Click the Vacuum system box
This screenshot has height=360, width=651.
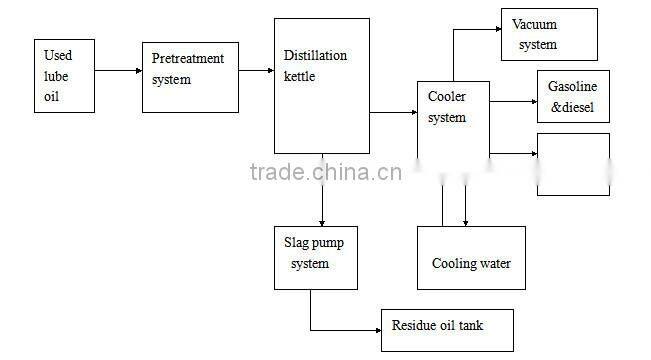(548, 34)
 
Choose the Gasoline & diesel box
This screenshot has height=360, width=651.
(572, 98)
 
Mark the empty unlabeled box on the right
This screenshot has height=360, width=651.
(573, 164)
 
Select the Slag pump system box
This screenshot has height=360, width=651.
(316, 256)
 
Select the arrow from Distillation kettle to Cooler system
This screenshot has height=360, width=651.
(393, 115)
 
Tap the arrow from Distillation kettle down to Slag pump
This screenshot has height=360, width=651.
(322, 190)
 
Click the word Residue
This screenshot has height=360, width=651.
(413, 325)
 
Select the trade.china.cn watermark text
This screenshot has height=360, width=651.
(326, 172)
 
